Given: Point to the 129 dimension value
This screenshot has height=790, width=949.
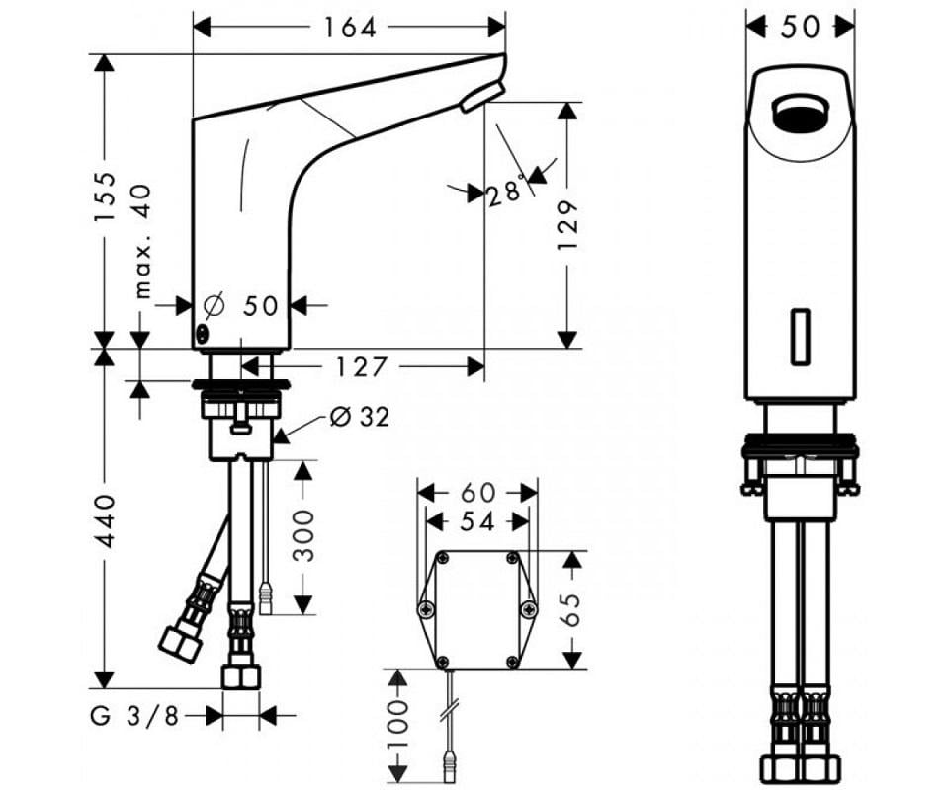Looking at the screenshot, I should coord(566,224).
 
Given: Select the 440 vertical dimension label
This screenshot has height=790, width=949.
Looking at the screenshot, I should coord(107,521).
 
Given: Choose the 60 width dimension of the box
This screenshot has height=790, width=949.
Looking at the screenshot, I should coord(477,491).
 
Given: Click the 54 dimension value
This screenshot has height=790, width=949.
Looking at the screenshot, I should coord(477,520).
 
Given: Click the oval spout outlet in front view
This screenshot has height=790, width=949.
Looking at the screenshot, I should coord(801,114).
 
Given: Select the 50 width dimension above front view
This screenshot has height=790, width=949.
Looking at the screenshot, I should coord(800,27).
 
